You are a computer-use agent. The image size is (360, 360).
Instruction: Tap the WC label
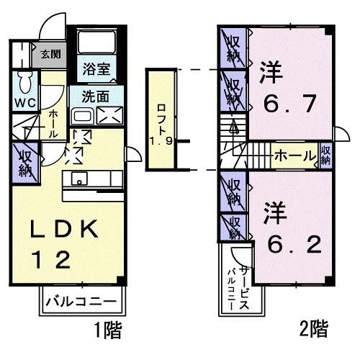click(22, 100)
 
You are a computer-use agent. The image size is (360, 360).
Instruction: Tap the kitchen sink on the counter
click(77, 179)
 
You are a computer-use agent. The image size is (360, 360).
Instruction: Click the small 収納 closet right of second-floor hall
click(325, 154)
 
